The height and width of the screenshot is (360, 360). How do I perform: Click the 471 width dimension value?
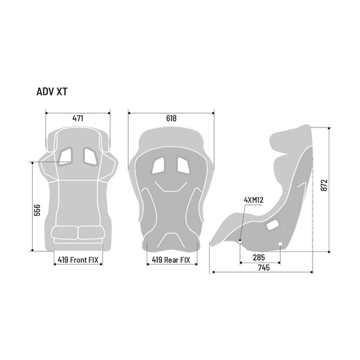pyautogui.click(x=77, y=118)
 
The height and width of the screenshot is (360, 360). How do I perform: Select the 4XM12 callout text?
pyautogui.click(x=255, y=199)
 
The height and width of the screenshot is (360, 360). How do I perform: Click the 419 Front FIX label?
pyautogui.click(x=77, y=261)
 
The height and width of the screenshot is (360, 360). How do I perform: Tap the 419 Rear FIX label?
pyautogui.click(x=171, y=261)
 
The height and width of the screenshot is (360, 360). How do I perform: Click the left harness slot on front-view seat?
pyautogui.click(x=67, y=155)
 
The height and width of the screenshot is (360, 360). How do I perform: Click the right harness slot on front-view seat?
pyautogui.click(x=88, y=155)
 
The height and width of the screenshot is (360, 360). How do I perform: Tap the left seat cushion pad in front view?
pyautogui.click(x=66, y=233)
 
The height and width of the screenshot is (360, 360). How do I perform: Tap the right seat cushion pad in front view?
pyautogui.click(x=89, y=233)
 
